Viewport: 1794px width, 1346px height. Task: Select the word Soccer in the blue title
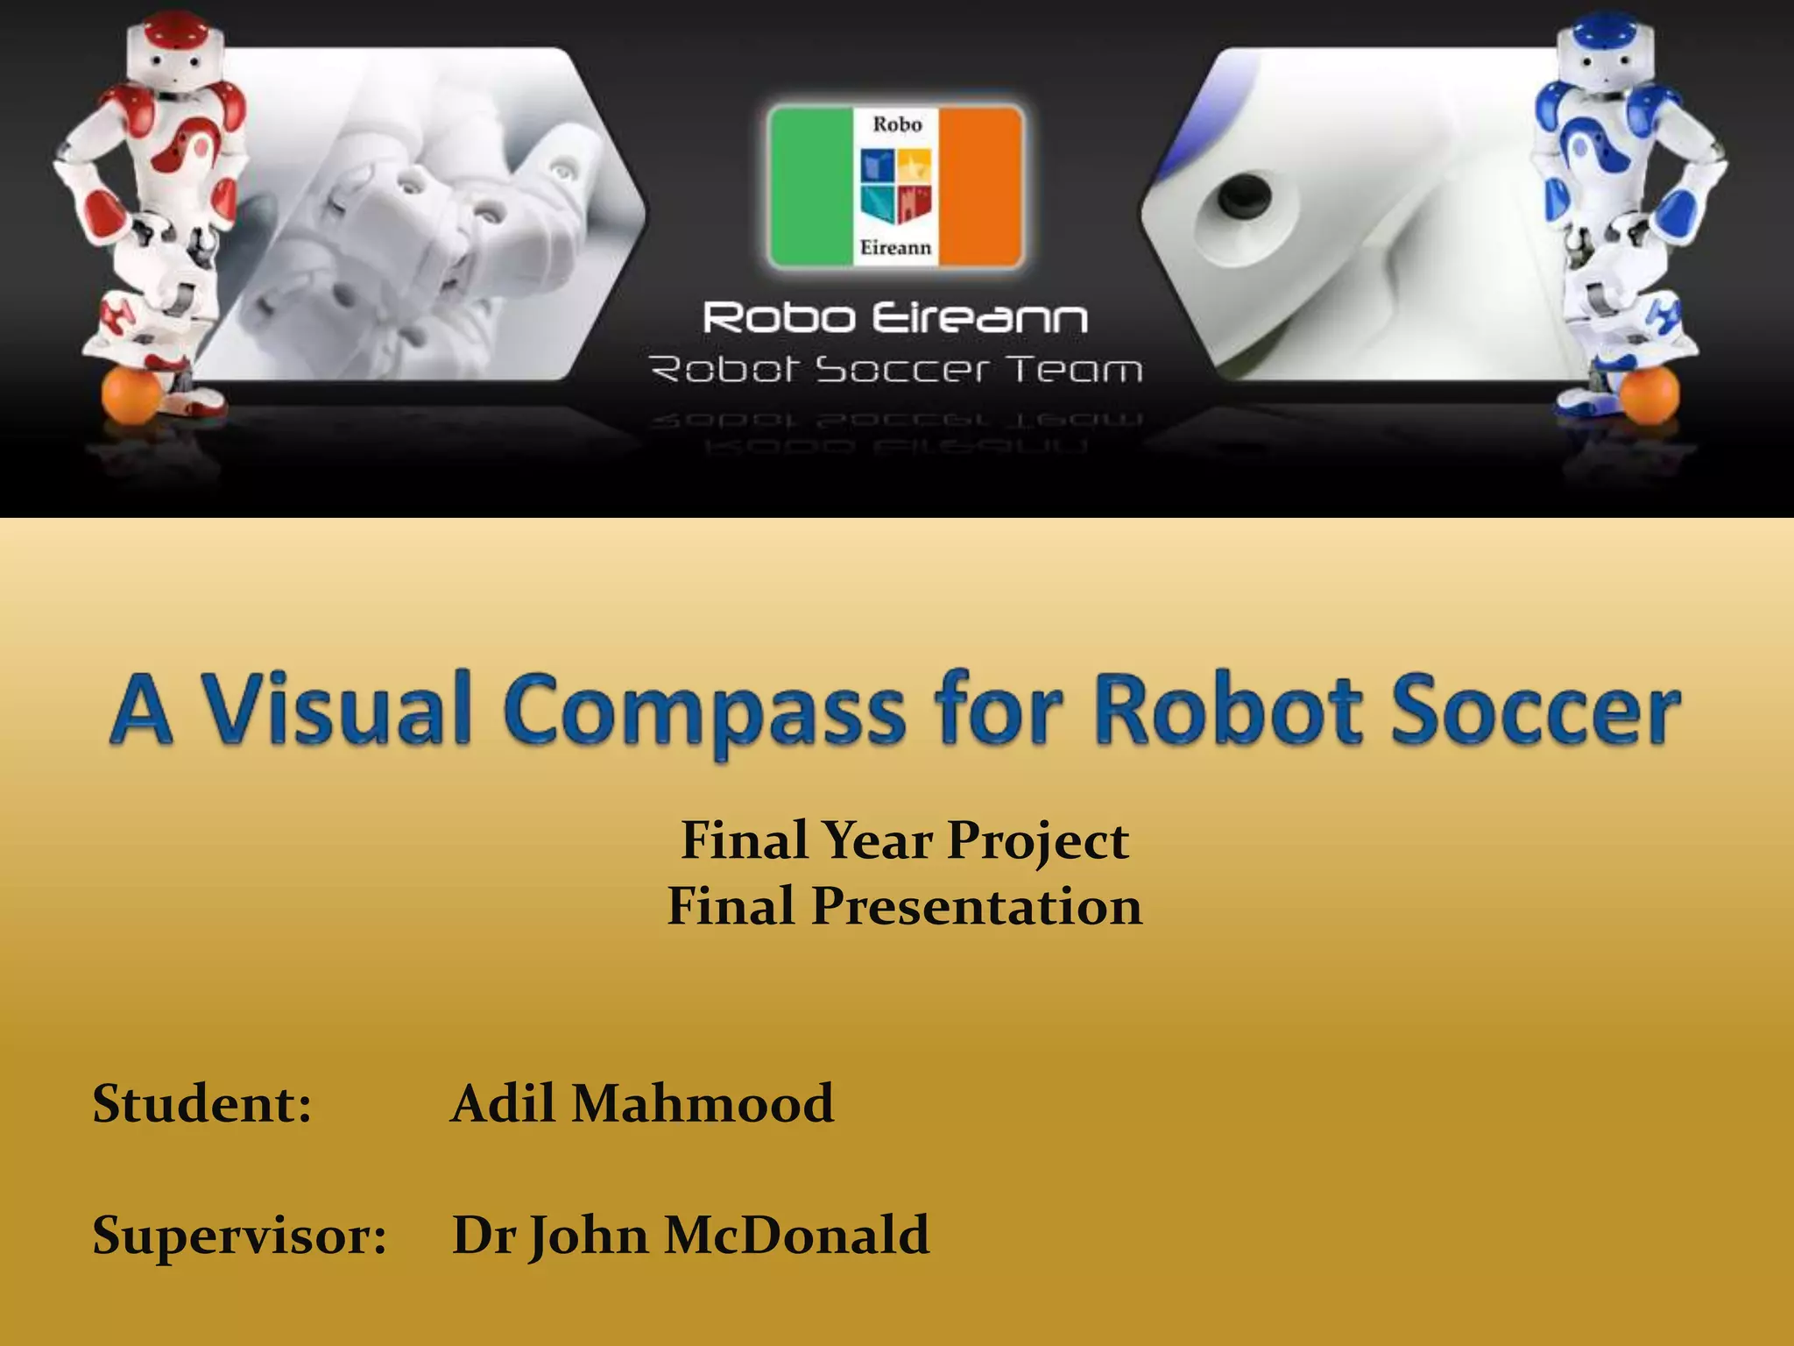click(1535, 708)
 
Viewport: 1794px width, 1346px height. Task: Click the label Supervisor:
click(239, 1236)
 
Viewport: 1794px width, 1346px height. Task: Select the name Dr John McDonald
click(690, 1236)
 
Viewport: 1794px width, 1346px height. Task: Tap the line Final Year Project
click(905, 840)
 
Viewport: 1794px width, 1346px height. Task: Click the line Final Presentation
click(905, 905)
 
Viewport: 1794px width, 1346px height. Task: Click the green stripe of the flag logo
click(811, 186)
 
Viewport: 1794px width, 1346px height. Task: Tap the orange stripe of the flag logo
click(981, 186)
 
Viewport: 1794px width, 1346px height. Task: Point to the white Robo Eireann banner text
click(895, 317)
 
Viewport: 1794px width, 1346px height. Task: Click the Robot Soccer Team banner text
click(895, 370)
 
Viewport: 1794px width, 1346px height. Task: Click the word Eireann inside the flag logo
click(895, 248)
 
